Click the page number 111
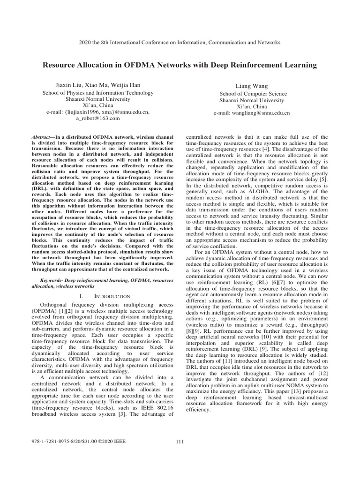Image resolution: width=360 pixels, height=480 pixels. pyautogui.click(x=180, y=442)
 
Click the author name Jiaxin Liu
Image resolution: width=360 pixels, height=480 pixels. pyautogui.click(x=69, y=85)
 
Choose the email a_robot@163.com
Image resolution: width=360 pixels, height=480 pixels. pyautogui.click(x=102, y=119)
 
